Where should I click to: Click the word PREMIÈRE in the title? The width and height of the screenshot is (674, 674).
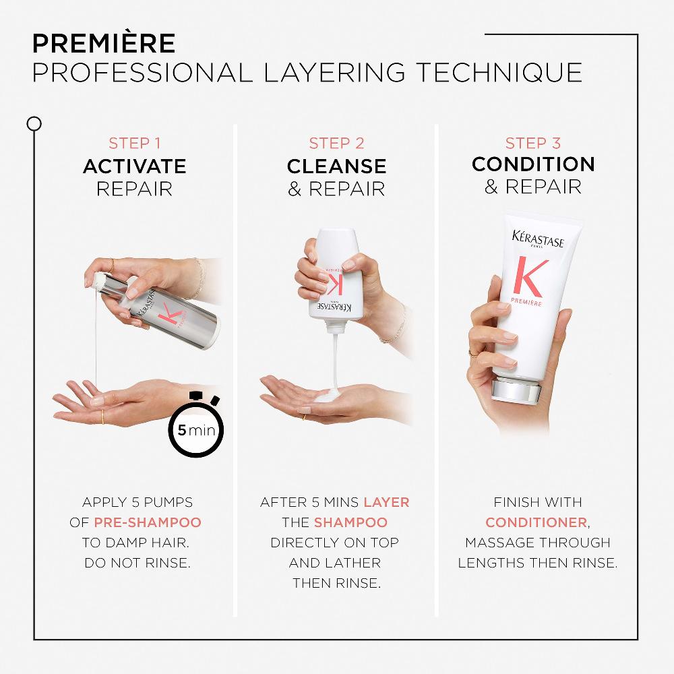tap(103, 42)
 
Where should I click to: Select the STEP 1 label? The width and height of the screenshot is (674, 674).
tap(134, 143)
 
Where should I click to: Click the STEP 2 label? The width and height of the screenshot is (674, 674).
tap(336, 143)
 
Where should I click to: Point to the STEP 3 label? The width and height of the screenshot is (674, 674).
tap(533, 143)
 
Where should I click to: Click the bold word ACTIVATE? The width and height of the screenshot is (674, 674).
tap(134, 166)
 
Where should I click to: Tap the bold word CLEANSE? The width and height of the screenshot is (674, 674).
tap(336, 166)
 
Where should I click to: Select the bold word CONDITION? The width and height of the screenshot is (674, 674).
tap(533, 164)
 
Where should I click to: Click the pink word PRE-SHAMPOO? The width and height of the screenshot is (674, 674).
tap(147, 522)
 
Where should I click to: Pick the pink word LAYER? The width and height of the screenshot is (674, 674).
tap(386, 502)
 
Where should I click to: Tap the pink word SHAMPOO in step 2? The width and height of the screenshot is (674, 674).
tap(350, 522)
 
